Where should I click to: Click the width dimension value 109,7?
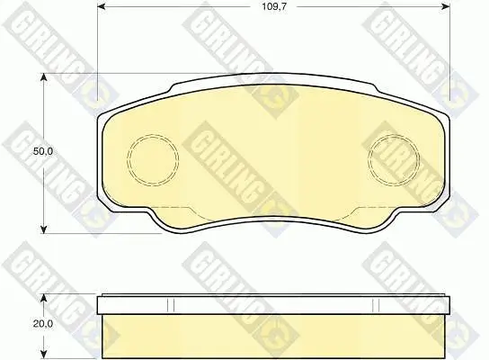[274, 6]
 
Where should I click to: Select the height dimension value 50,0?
[43, 152]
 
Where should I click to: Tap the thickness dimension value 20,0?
[43, 324]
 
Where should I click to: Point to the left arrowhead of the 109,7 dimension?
[102, 6]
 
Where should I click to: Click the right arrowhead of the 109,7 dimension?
[446, 6]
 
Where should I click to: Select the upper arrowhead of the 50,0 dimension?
[44, 77]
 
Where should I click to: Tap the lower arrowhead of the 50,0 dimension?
[44, 229]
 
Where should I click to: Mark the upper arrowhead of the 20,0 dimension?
[44, 298]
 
